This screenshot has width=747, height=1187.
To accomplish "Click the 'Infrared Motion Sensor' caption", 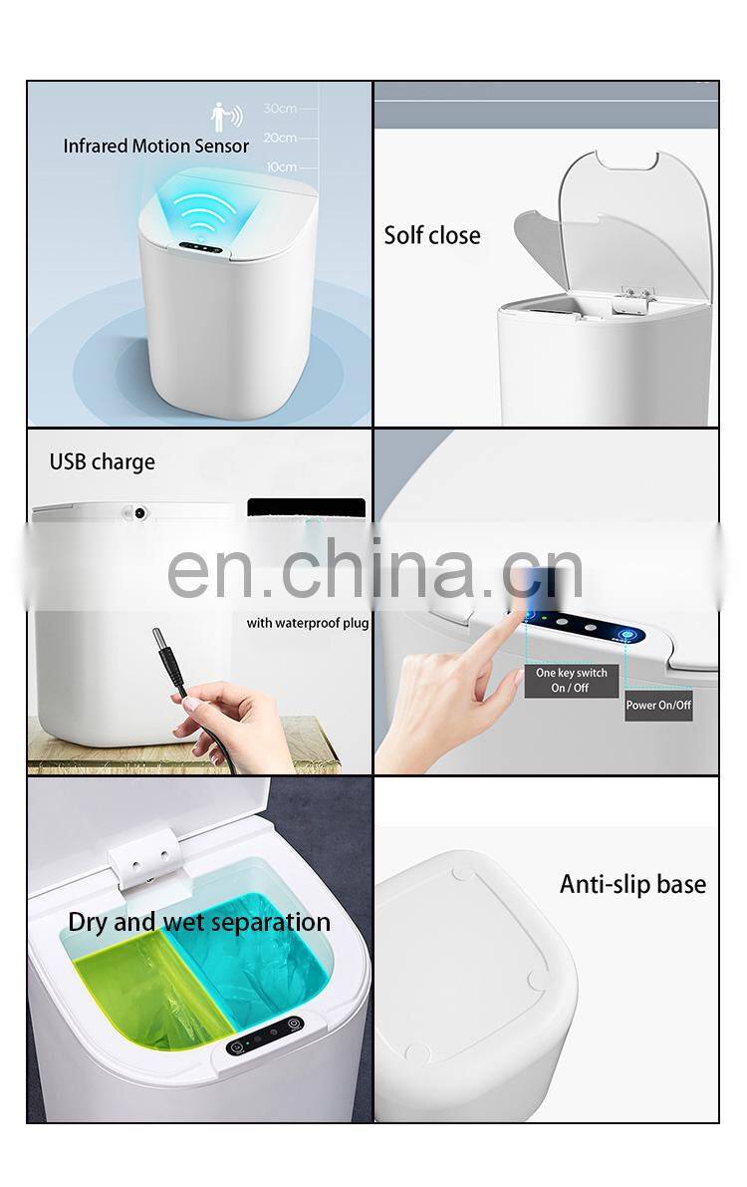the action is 156,147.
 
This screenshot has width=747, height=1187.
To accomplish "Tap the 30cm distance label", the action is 280,109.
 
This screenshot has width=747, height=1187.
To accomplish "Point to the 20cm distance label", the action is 280,138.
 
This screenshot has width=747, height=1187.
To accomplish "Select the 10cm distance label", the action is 281,166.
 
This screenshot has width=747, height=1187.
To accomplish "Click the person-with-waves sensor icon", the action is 226,117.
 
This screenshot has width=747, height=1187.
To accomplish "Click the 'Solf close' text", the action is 432,235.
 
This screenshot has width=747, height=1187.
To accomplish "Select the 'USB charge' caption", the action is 103,461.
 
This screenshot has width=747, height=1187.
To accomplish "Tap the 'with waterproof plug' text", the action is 308,623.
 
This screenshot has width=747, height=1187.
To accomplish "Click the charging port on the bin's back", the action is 139,513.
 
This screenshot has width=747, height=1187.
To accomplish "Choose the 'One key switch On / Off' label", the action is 572,680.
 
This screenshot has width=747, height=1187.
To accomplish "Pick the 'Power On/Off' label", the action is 658,705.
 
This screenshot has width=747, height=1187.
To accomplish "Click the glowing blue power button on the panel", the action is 628,635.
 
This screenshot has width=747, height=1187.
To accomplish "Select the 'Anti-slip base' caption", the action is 632,884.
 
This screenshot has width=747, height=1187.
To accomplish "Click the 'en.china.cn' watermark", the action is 374,569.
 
